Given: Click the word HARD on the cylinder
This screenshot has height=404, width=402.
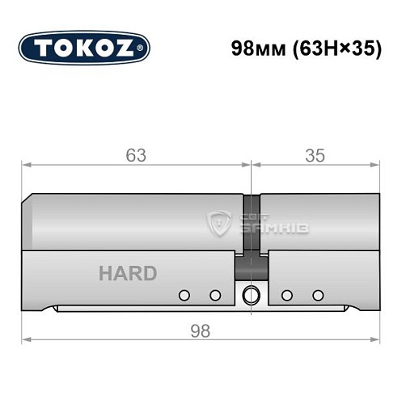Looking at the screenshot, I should [x=128, y=273].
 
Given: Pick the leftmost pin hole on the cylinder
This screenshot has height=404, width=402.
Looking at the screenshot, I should [x=184, y=294].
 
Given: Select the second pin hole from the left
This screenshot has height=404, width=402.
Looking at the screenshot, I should [x=215, y=294].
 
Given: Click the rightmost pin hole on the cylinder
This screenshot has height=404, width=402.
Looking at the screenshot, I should [x=318, y=294].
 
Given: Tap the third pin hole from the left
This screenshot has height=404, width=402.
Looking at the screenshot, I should [x=286, y=294].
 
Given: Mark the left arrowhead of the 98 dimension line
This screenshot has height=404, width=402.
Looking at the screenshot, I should [x=25, y=337].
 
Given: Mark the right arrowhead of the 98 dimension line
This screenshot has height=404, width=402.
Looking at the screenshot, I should [x=377, y=337].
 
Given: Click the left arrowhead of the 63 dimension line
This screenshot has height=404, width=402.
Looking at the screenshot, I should [x=25, y=166].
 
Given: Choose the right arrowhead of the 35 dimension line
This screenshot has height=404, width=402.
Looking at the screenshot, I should [x=377, y=166].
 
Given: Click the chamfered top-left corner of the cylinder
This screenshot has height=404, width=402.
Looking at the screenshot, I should [x=28, y=197].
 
